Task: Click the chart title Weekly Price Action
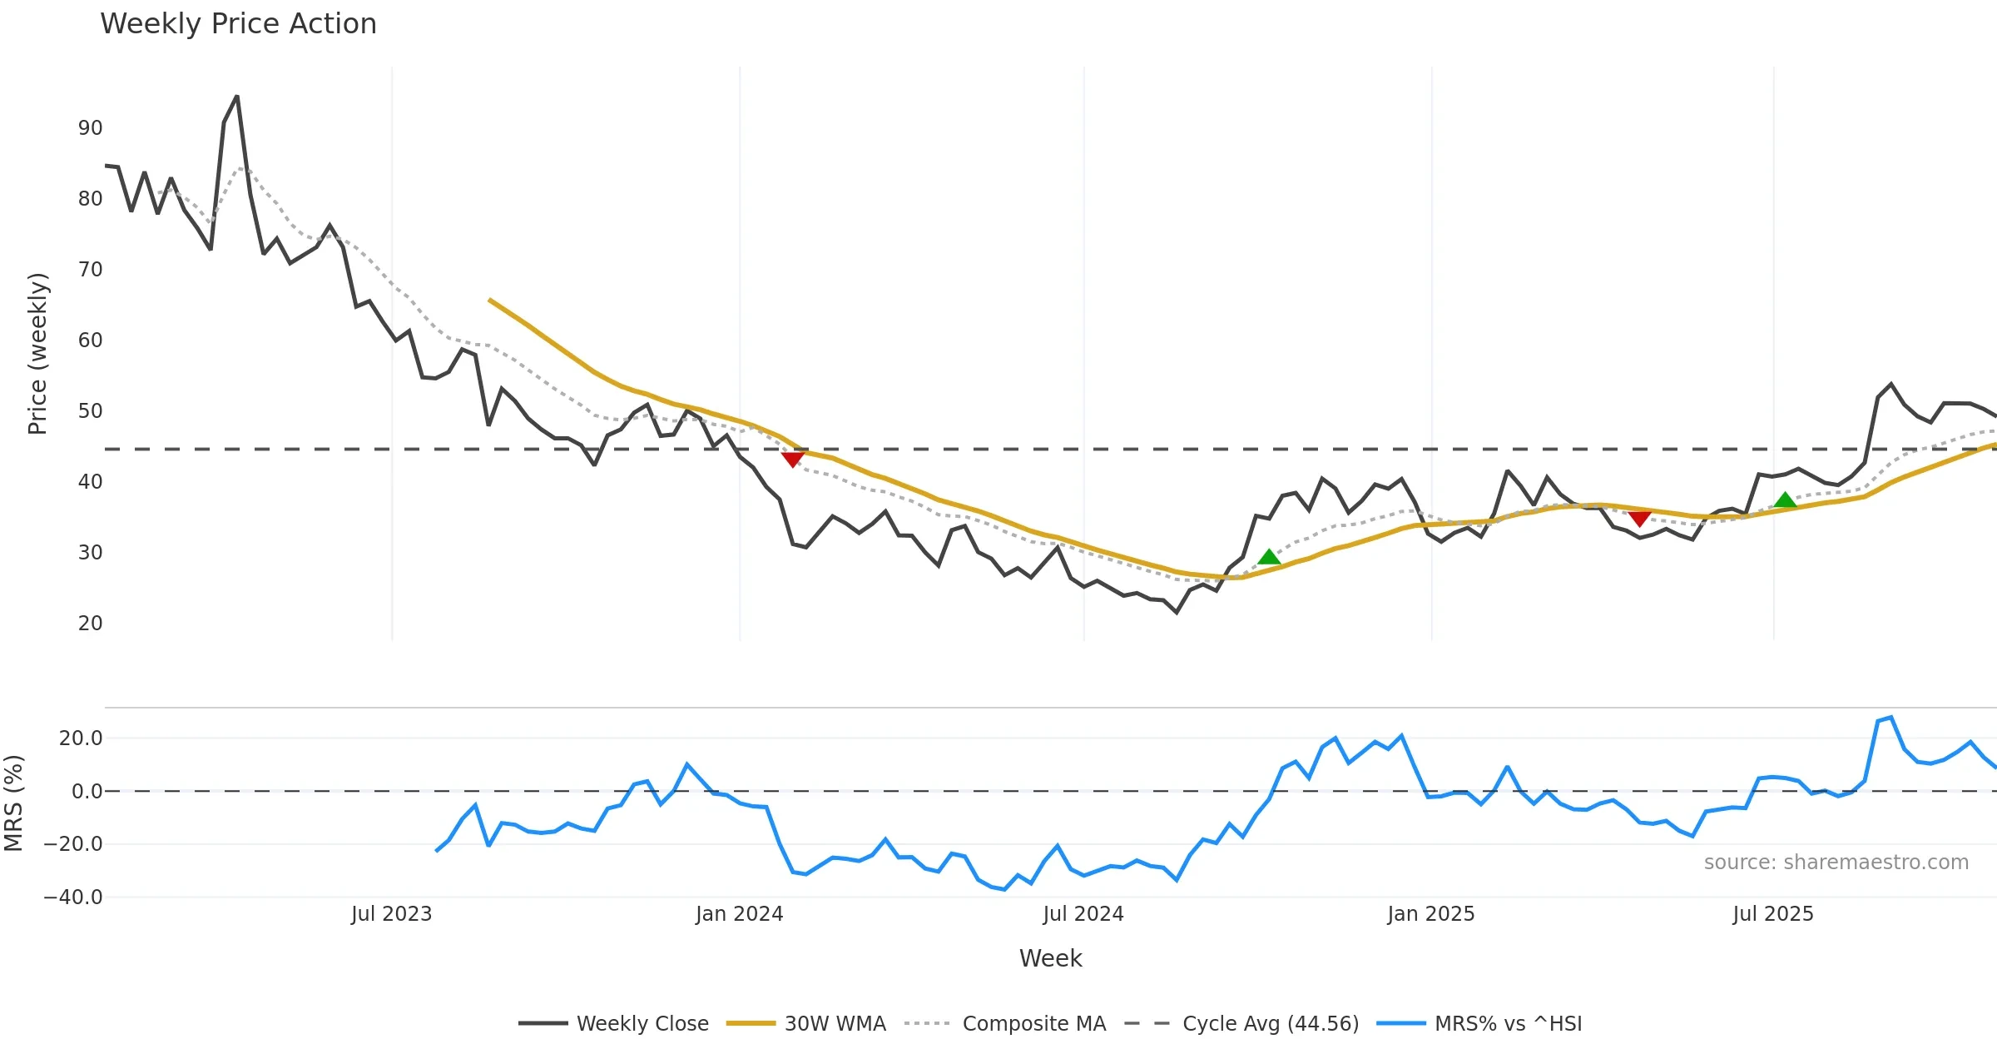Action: (238, 24)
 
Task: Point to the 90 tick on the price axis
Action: (90, 128)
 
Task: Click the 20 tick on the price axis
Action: (90, 624)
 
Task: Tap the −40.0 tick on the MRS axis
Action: (73, 897)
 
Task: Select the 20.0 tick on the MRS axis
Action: (81, 738)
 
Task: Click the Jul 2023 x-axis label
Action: (391, 914)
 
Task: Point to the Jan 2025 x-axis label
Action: (1430, 914)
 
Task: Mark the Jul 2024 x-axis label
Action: (1083, 914)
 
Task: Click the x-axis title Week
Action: (1050, 959)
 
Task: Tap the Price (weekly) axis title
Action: (38, 354)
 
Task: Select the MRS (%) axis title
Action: (13, 803)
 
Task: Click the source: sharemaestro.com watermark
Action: (1836, 863)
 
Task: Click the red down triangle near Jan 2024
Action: (793, 459)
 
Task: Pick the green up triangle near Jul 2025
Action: (1785, 500)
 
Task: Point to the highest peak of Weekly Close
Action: (237, 97)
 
